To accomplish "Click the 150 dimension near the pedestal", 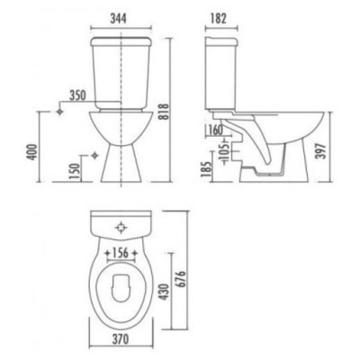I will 76,167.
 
